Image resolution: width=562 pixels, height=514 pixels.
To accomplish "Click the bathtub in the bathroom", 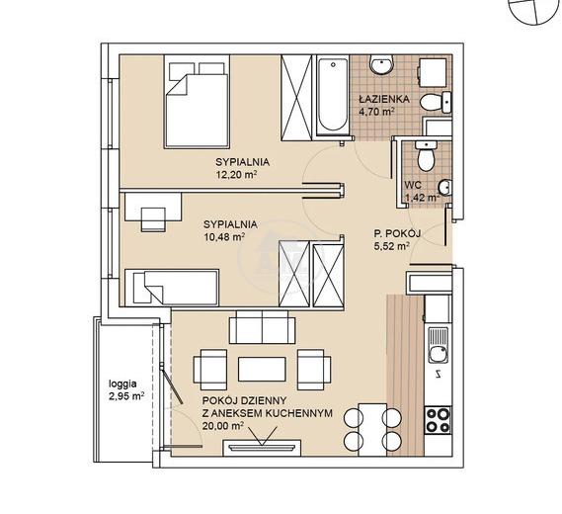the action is coord(333,96).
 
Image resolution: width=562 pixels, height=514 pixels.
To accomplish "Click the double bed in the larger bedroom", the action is coord(197,102).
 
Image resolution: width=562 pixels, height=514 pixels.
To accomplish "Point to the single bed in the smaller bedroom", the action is coord(171,288).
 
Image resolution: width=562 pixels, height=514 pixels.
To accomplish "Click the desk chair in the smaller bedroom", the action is coord(154,219).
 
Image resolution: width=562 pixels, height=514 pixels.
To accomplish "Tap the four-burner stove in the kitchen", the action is coord(438,420).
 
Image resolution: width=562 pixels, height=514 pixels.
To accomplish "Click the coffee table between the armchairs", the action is coord(262,370).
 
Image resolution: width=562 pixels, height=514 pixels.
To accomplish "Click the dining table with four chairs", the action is coord(372,429).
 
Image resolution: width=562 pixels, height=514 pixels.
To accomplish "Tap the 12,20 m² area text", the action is coord(237,175).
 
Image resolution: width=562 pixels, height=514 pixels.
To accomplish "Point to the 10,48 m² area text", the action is coord(224,237).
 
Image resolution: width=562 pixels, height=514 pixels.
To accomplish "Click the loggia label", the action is coord(122,385).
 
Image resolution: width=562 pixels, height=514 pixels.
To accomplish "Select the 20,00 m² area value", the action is coord(223,426).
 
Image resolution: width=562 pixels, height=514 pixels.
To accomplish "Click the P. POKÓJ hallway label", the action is coord(397,234).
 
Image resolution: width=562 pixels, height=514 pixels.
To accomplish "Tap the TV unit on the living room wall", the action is coord(262,448).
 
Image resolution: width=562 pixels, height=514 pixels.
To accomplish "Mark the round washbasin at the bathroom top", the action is coord(381,65).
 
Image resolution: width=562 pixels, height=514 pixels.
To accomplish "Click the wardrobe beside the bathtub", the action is coord(296,97).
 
